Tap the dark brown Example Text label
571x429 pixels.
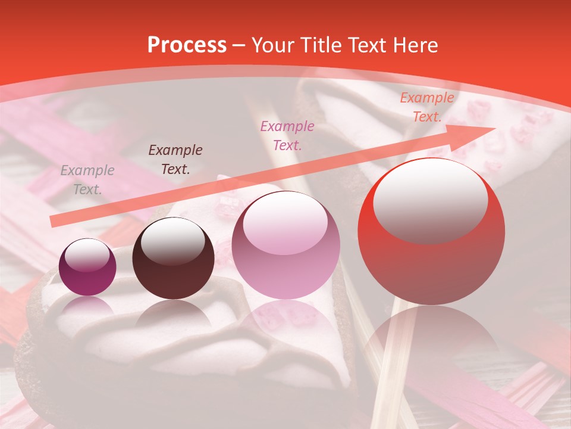175,159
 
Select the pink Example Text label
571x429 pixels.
287,135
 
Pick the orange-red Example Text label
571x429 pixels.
427,107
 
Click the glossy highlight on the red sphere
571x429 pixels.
430,200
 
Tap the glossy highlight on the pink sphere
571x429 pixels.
285,222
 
